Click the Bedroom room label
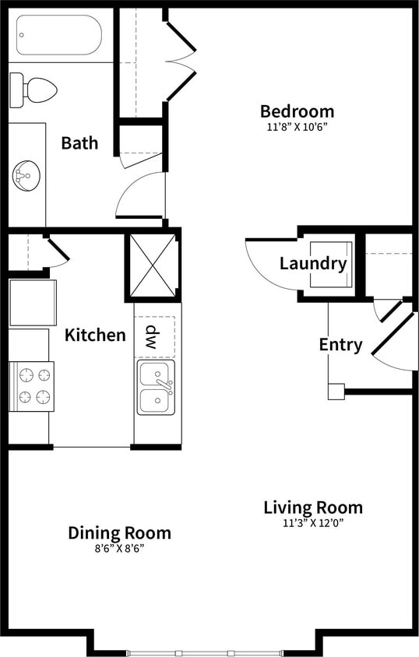297,111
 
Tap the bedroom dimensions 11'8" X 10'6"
297,127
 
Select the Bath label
79,143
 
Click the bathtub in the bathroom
59,36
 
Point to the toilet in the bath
34,90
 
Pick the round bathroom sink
26,174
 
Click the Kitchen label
95,336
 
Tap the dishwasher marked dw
153,336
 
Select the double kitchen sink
156,387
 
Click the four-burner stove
31,386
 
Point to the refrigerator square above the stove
32,303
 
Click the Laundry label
312,264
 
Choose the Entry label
340,344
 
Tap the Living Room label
312,508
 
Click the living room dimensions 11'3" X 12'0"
312,523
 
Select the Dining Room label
119,533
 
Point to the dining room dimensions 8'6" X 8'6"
119,548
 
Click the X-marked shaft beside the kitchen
153,265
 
